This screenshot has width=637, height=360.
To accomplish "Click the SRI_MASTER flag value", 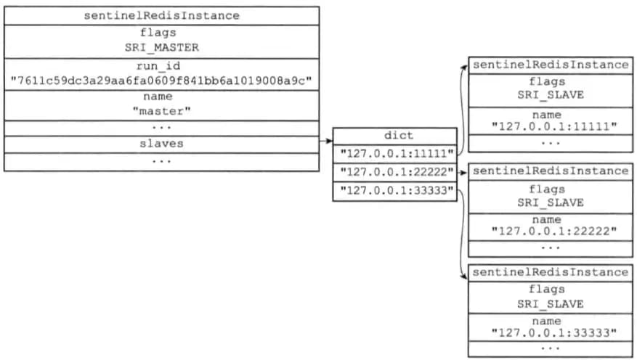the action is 162,47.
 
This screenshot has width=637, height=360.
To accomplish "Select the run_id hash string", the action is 161,81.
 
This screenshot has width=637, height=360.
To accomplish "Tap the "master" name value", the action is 162,111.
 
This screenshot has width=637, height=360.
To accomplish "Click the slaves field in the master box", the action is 162,144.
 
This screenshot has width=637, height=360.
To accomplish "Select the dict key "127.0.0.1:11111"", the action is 397,154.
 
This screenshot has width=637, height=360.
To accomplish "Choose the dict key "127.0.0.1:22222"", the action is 397,172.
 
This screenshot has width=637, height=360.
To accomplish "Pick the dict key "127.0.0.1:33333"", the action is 397,190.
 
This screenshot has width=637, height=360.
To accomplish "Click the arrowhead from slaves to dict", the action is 330,141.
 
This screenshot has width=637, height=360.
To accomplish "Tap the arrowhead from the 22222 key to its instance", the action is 465,173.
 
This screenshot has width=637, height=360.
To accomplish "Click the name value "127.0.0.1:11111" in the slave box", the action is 554,126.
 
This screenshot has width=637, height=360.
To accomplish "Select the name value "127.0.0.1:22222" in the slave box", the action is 554,232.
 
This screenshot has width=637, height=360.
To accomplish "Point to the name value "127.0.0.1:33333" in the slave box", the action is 554,333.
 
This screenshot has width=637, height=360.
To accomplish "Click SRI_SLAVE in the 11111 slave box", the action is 551,95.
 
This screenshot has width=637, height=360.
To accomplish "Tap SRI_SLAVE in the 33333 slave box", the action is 551,304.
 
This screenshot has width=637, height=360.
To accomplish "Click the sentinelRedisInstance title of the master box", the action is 162,16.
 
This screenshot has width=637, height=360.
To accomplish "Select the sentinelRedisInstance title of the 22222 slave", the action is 551,171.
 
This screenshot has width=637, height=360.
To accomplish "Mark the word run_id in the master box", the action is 158,66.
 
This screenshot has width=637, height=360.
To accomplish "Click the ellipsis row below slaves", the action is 162,162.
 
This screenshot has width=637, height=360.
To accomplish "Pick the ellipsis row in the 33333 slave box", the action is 551,348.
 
